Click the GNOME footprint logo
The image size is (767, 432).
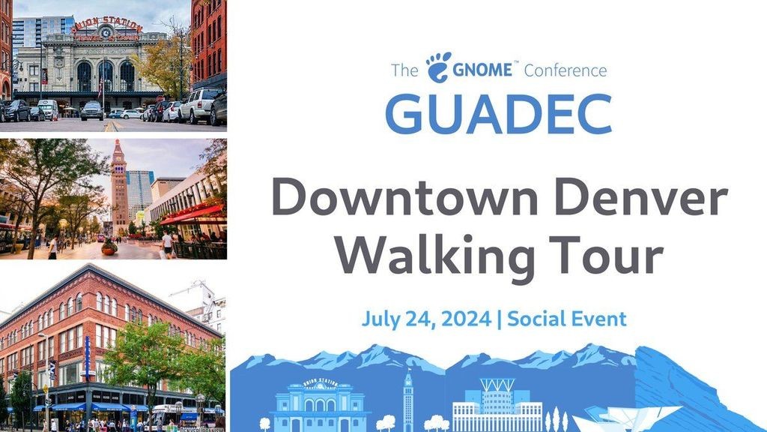439,67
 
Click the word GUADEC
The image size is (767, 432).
498,115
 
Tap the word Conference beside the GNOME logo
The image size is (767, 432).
566,70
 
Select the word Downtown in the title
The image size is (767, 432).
404,197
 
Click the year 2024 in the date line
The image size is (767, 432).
466,319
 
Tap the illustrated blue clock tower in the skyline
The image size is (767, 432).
408,400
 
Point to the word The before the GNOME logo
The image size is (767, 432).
404,70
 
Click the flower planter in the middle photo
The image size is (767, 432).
109,247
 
